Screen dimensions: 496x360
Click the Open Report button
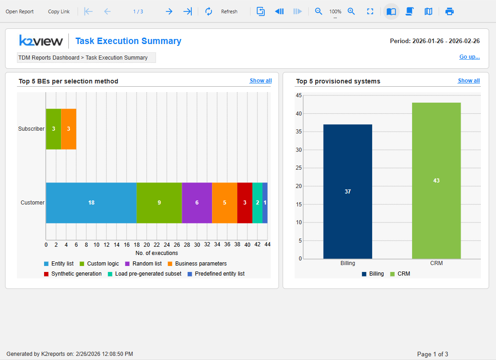pyautogui.click(x=20, y=12)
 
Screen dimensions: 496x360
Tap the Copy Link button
pyautogui.click(x=59, y=12)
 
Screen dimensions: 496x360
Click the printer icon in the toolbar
pyautogui.click(x=450, y=12)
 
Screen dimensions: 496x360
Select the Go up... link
pyautogui.click(x=469, y=57)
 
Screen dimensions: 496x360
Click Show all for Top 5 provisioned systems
pyautogui.click(x=469, y=81)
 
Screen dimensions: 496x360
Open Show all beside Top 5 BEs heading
pyautogui.click(x=261, y=81)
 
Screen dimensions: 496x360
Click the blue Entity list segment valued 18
pyautogui.click(x=91, y=203)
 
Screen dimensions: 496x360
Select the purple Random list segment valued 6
pyautogui.click(x=197, y=203)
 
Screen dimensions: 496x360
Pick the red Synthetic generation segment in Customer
pyautogui.click(x=245, y=203)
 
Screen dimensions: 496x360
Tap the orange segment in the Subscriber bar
pyautogui.click(x=69, y=129)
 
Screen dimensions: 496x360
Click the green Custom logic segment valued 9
pyautogui.click(x=159, y=203)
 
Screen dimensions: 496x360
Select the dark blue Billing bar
pyautogui.click(x=348, y=192)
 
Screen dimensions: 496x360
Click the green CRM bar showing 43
pyautogui.click(x=436, y=181)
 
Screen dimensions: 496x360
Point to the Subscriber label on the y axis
pyautogui.click(x=31, y=129)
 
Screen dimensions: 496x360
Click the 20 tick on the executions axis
pyautogui.click(x=147, y=244)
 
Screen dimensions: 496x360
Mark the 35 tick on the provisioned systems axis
pyautogui.click(x=299, y=132)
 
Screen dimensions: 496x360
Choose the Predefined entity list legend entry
pyautogui.click(x=216, y=274)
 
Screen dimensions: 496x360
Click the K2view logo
pyautogui.click(x=41, y=41)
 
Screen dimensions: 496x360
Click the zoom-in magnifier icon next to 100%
pyautogui.click(x=351, y=12)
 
